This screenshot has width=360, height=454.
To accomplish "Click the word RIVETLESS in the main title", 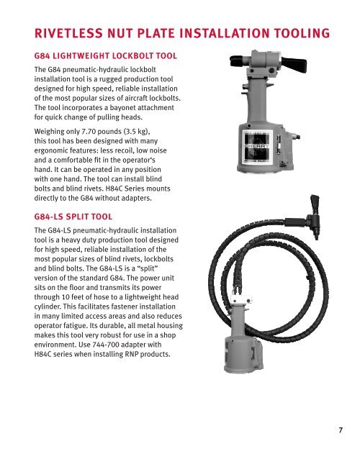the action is tap(68, 33).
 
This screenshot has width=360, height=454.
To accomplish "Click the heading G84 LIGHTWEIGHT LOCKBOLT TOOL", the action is tap(106, 55).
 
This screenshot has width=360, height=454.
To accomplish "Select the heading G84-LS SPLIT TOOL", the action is tap(73, 217).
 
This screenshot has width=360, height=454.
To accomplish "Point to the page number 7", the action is tap(341, 430).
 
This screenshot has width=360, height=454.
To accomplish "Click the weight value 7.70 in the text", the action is tap(89, 132).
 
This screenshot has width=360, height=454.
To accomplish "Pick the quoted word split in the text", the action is tap(149, 268).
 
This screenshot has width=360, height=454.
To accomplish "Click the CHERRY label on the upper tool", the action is tap(257, 146).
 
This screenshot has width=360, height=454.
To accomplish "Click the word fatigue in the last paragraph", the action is tap(76, 325).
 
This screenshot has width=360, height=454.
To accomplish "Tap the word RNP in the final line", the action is tap(132, 354).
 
